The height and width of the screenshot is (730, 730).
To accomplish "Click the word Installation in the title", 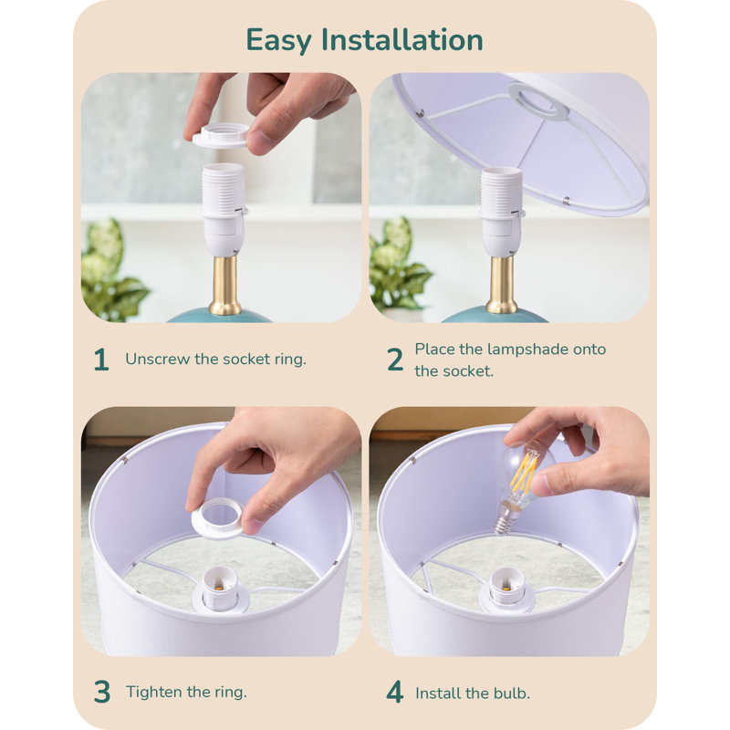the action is [402, 39].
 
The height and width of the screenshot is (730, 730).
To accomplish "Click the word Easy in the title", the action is [278, 41].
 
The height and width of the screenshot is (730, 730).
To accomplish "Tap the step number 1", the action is [101, 360].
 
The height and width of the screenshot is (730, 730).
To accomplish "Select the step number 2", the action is [395, 360].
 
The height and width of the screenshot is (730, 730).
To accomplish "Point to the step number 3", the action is [102, 693].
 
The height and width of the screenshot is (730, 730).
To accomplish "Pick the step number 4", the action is [395, 693].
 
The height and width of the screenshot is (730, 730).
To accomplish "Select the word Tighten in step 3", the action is [154, 693].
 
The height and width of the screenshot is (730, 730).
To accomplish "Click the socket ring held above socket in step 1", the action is [221, 135].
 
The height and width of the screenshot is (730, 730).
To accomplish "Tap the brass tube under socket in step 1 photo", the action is [224, 285].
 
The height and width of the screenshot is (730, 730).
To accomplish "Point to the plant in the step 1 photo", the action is [112, 271].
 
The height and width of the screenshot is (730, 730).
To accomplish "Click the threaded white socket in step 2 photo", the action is [501, 211].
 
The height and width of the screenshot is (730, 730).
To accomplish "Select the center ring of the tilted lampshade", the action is [538, 101].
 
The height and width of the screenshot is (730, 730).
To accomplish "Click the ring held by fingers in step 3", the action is [217, 518].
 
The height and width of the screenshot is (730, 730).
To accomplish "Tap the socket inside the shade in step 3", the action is [220, 589].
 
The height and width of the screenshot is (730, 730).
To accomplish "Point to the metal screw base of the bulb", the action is [505, 520].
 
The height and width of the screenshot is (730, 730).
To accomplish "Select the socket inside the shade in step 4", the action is [506, 589].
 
